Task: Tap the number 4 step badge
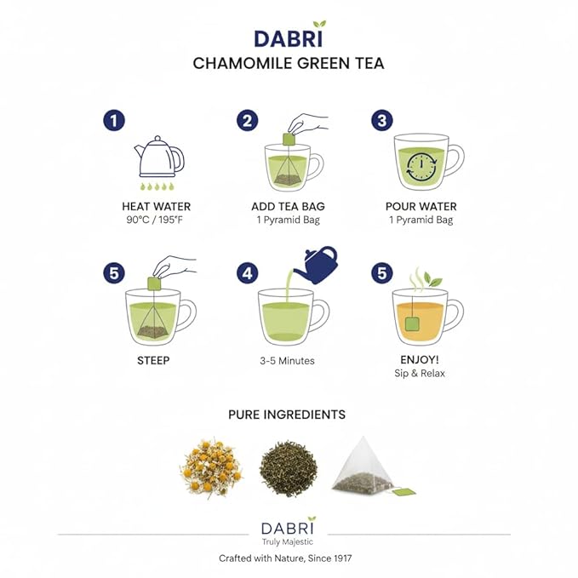click(x=247, y=273)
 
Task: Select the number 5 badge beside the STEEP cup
click(x=113, y=273)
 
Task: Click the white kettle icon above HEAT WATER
click(x=159, y=157)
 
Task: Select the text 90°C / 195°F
click(x=157, y=220)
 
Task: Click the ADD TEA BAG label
click(x=288, y=207)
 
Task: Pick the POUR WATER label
click(x=421, y=207)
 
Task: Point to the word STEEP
click(x=153, y=360)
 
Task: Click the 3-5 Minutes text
click(x=288, y=361)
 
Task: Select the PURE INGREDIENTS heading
click(x=287, y=415)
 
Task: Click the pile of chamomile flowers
click(x=211, y=468)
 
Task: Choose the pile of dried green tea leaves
click(x=287, y=469)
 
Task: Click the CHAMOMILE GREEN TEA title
click(x=288, y=64)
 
